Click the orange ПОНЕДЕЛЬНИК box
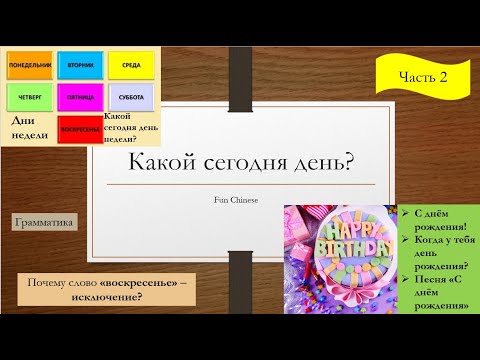click(30, 65)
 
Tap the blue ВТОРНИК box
click(80, 65)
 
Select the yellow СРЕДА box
click(131, 65)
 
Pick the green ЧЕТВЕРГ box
click(30, 98)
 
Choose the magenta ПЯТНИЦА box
click(80, 98)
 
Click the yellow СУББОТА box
click(131, 98)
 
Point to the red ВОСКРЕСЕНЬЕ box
click(80, 130)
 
